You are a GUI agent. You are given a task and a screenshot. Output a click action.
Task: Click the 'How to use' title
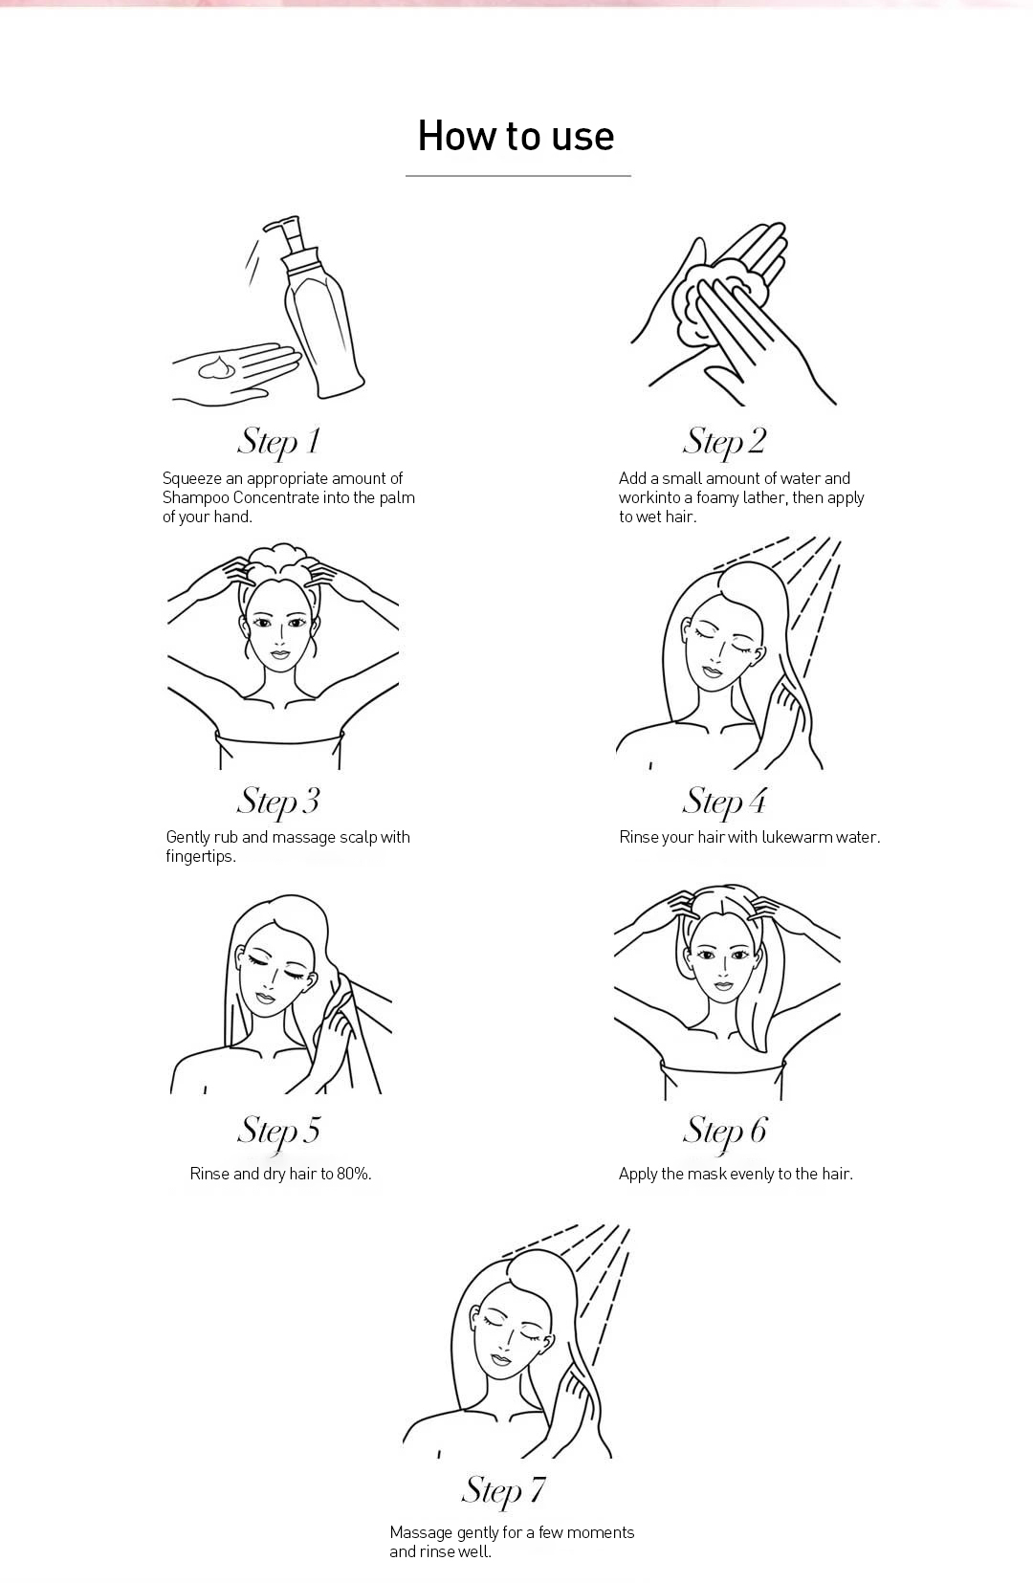tap(516, 136)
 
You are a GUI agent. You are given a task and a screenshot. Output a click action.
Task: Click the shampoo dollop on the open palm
tap(217, 367)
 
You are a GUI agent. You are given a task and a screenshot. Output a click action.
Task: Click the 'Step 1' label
tap(278, 442)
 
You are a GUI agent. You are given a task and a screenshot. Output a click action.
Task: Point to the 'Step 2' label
tap(723, 442)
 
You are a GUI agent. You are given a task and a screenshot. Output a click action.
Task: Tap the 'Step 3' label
tap(278, 802)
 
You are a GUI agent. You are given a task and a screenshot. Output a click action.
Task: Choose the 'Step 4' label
tap(723, 802)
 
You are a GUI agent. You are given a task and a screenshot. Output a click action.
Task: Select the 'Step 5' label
tap(278, 1130)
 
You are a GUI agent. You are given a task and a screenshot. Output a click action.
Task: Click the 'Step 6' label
tap(723, 1130)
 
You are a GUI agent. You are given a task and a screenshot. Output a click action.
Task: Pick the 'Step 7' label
tap(503, 1490)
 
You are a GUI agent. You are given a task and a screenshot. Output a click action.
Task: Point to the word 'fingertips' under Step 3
tap(201, 856)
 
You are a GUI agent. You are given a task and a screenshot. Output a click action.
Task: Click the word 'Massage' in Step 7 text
tap(421, 1533)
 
